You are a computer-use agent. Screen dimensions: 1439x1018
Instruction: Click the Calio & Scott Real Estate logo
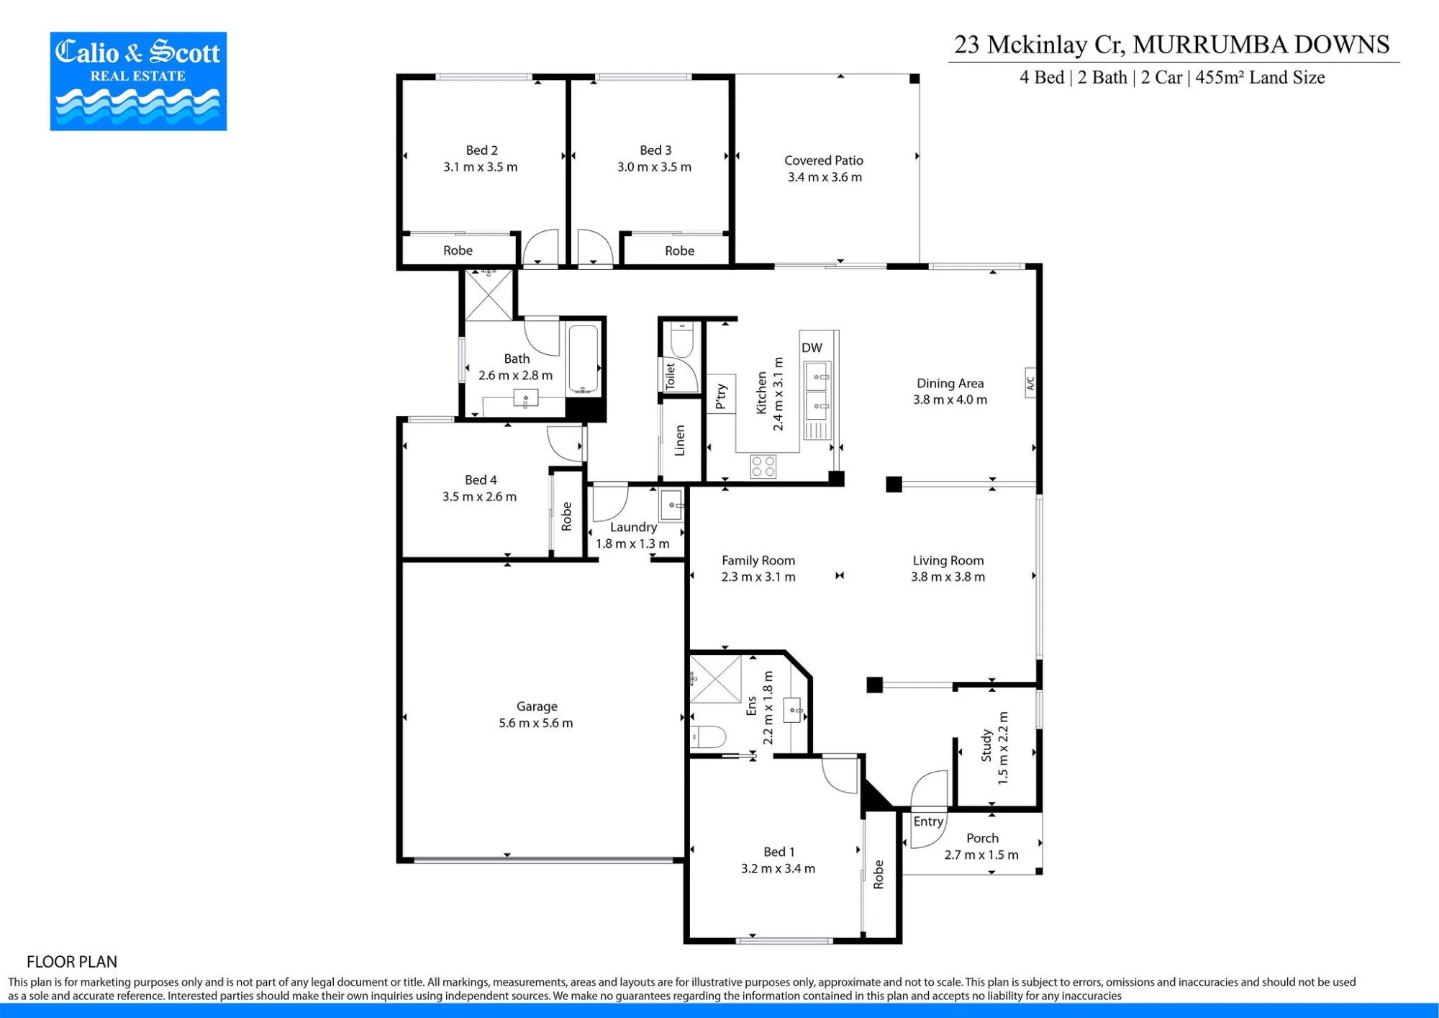(x=138, y=81)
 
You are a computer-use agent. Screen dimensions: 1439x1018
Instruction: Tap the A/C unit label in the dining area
(x=1030, y=383)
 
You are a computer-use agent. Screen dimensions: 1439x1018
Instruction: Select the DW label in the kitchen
(x=812, y=348)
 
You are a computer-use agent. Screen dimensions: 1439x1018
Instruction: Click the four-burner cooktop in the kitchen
(x=763, y=467)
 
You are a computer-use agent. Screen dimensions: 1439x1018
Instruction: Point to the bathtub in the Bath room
(x=583, y=359)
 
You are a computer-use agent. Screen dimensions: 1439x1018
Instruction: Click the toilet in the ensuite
(x=708, y=737)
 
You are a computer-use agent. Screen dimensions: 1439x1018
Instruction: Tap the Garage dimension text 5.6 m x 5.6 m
(x=536, y=723)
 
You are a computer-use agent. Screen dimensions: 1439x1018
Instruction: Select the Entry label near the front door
(x=928, y=821)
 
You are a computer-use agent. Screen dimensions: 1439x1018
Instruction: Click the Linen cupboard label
(x=679, y=440)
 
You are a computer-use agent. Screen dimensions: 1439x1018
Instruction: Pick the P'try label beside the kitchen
(x=721, y=397)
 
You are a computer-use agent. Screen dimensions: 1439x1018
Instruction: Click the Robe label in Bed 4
(x=566, y=516)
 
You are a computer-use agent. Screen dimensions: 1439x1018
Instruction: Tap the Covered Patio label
(x=824, y=161)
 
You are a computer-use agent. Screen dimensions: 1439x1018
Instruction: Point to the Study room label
(x=986, y=746)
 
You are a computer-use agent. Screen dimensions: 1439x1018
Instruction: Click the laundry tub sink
(x=672, y=505)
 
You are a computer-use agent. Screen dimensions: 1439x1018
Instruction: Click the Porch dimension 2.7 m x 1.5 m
(x=981, y=855)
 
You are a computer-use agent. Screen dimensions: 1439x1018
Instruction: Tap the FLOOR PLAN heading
(x=72, y=962)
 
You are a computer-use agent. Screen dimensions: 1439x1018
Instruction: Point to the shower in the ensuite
(x=715, y=678)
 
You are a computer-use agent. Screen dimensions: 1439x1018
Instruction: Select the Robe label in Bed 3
(x=679, y=251)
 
